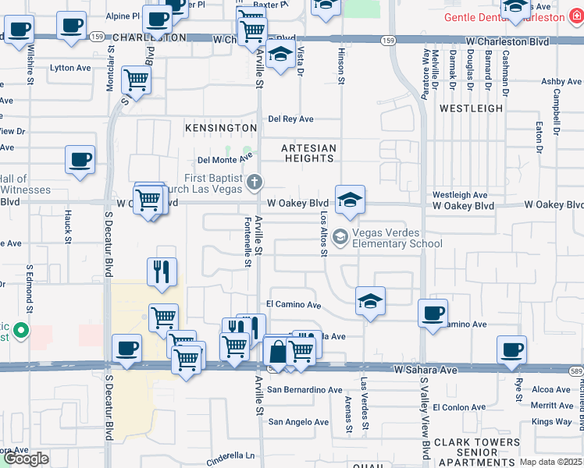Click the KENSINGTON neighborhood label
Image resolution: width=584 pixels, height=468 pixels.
pos(221,127)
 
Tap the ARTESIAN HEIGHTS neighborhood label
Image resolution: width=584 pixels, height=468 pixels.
pos(309,153)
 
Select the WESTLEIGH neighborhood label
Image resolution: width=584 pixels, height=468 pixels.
pos(471,108)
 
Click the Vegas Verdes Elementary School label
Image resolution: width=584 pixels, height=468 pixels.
pos(397,238)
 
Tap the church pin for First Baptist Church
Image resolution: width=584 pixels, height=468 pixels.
pos(254,183)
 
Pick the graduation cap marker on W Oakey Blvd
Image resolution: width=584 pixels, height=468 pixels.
pos(351,200)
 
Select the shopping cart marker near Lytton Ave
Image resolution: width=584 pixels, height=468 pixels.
pos(136,80)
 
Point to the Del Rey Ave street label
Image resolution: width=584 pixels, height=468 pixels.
pos(290,119)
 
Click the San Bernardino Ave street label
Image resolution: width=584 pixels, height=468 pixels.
pos(304,390)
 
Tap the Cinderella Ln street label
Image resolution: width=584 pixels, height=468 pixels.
pos(230,456)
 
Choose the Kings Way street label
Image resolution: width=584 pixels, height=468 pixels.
pos(552,422)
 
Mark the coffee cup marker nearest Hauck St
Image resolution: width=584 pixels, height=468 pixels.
pos(80,160)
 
